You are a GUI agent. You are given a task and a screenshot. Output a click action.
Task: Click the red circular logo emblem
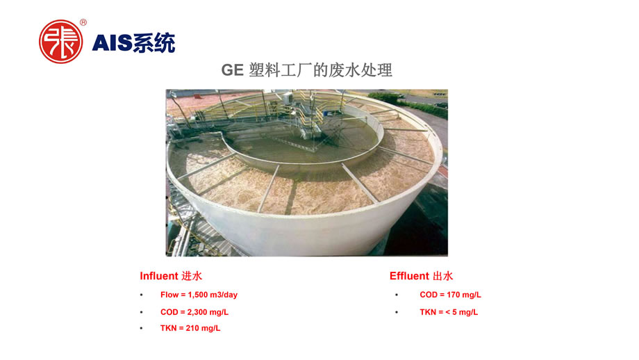pyautogui.click(x=60, y=42)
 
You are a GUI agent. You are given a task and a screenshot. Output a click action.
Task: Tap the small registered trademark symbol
pyautogui.click(x=83, y=22)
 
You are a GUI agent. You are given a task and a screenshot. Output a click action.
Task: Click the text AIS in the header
pyautogui.click(x=112, y=43)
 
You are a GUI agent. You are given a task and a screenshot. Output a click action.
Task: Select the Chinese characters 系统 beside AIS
pyautogui.click(x=154, y=43)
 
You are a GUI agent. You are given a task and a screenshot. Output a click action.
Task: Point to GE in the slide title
pyautogui.click(x=232, y=70)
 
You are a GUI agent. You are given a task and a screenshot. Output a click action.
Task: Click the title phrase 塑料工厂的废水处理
pyautogui.click(x=320, y=70)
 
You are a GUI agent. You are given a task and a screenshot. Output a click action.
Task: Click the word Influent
pyautogui.click(x=159, y=276)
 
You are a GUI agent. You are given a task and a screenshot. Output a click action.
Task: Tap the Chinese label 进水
pyautogui.click(x=192, y=276)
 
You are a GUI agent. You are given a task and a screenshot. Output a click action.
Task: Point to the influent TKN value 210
pyautogui.click(x=192, y=328)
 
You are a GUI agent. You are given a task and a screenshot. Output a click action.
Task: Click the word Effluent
pyautogui.click(x=409, y=276)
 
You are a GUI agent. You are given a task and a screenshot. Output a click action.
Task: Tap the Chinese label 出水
pyautogui.click(x=442, y=276)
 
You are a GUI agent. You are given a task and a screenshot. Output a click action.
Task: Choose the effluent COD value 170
pyautogui.click(x=453, y=295)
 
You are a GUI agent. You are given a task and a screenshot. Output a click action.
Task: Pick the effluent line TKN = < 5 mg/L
pyautogui.click(x=449, y=312)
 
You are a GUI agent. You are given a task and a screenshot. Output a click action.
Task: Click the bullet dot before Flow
pyautogui.click(x=142, y=295)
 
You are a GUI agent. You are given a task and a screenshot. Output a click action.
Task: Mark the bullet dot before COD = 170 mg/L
pyautogui.click(x=397, y=295)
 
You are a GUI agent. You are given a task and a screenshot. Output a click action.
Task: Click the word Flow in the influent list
pyautogui.click(x=169, y=295)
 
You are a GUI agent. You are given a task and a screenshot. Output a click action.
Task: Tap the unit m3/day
pyautogui.click(x=224, y=295)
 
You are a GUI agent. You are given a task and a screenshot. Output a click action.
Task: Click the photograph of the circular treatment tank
pyautogui.click(x=307, y=173)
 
